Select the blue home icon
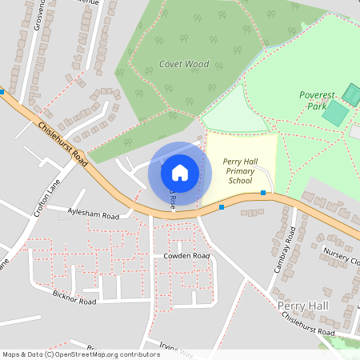pos(180,173)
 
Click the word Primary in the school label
pos(239,171)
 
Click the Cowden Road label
pos(186,256)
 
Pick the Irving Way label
pos(176,350)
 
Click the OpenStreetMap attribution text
pos(81,354)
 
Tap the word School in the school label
pos(239,181)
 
